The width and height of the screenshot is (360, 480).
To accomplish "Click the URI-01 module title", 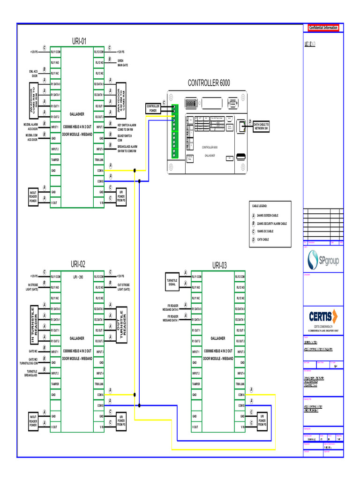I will (79, 41).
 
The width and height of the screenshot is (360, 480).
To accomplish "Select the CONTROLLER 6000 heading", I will (209, 83).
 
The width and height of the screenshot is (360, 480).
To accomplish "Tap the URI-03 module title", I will (219, 265).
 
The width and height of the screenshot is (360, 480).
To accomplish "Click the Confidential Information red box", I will (323, 28).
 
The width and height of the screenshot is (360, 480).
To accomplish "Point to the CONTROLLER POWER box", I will (153, 109).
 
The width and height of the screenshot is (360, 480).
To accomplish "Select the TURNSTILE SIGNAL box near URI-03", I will (172, 282).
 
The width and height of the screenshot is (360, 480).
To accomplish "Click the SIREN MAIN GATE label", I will (123, 63).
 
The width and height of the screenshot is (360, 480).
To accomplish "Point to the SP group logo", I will (322, 261).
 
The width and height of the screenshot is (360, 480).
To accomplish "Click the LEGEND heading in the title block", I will (309, 45).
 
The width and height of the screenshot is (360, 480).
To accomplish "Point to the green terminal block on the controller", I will (174, 131).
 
